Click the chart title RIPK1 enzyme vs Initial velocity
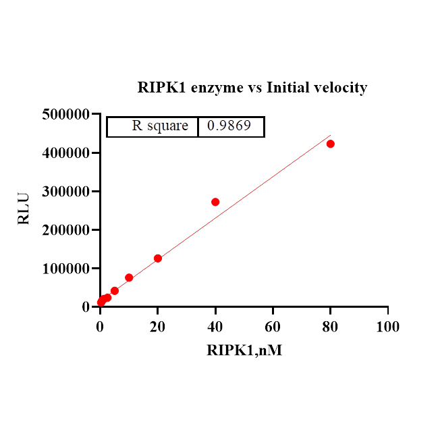pos(252,88)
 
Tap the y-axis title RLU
pos(24,209)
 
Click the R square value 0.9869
pos(230,126)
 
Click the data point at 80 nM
pos(331,144)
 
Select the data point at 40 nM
pos(215,202)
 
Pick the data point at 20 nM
pos(158,258)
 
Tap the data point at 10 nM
pos(129,277)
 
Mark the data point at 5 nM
pos(115,291)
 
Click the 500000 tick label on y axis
pos(65,115)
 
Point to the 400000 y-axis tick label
pos(65,153)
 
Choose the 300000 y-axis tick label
pos(65,192)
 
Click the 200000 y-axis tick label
pos(65,230)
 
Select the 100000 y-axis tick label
pos(65,269)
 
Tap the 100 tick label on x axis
pos(387,327)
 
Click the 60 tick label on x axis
pos(273,327)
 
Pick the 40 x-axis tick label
pos(215,327)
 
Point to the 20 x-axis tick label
pos(157,327)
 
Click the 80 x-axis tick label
pos(330,327)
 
